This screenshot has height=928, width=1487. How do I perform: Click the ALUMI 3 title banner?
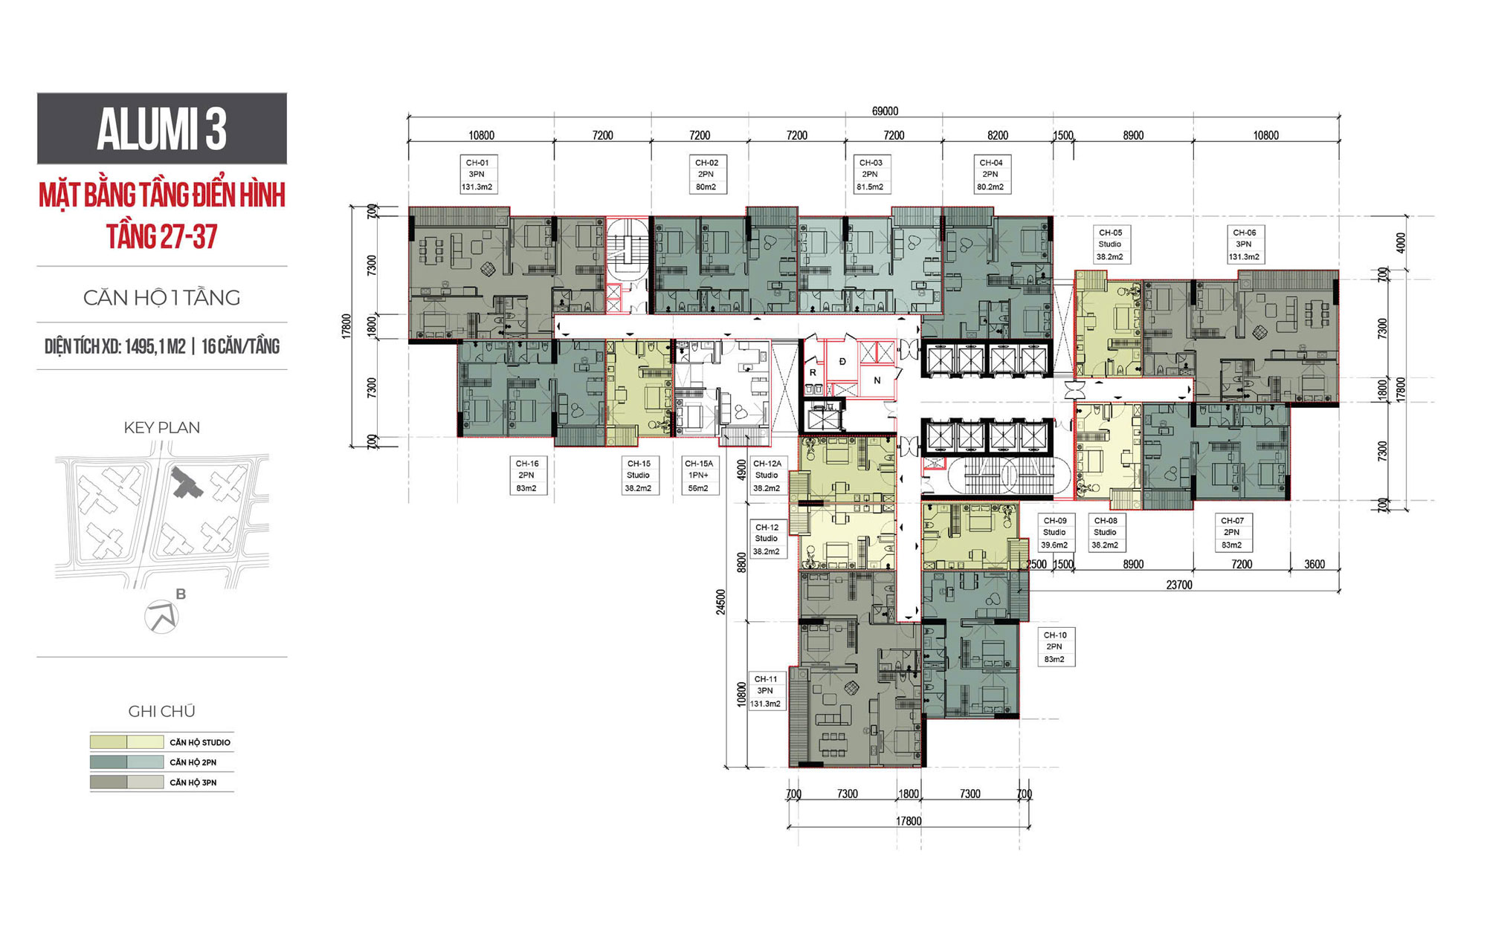[x=161, y=129]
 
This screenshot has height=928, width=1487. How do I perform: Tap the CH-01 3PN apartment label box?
[x=477, y=175]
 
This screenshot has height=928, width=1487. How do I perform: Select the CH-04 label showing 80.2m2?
[x=991, y=175]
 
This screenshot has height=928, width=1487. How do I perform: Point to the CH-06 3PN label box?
[x=1244, y=244]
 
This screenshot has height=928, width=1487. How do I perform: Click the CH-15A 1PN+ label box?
[x=699, y=476]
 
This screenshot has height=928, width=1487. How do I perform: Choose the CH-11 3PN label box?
[x=766, y=691]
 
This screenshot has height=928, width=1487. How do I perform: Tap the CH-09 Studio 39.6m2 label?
[x=1054, y=533]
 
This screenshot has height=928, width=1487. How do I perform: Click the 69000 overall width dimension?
[x=885, y=111]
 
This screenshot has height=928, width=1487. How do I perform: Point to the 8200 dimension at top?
[x=998, y=135]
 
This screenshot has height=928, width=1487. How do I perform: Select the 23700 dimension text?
[x=1179, y=585]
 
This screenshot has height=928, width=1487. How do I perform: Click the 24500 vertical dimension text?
[x=720, y=603]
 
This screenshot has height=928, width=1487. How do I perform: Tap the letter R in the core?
[x=813, y=372]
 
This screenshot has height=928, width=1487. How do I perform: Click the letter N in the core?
[x=877, y=380]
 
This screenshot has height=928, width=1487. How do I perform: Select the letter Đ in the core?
[x=842, y=361]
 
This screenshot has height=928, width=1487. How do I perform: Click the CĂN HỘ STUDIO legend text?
[x=200, y=742]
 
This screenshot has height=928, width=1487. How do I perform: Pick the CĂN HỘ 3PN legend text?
[x=193, y=782]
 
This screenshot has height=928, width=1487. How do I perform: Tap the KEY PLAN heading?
[x=161, y=427]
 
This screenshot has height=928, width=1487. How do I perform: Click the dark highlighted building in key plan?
[x=187, y=482]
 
